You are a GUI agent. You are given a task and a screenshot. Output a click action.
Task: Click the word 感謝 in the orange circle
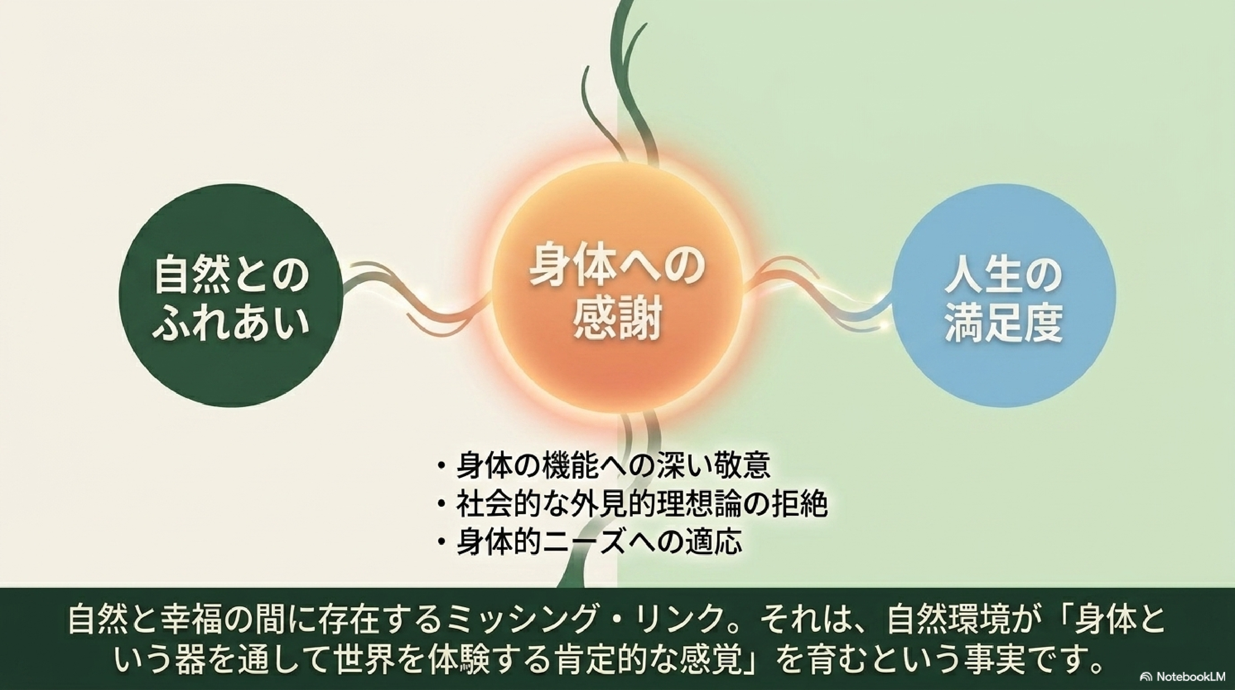[x=618, y=319]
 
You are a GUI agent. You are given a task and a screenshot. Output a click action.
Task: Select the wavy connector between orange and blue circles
[x=818, y=295]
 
